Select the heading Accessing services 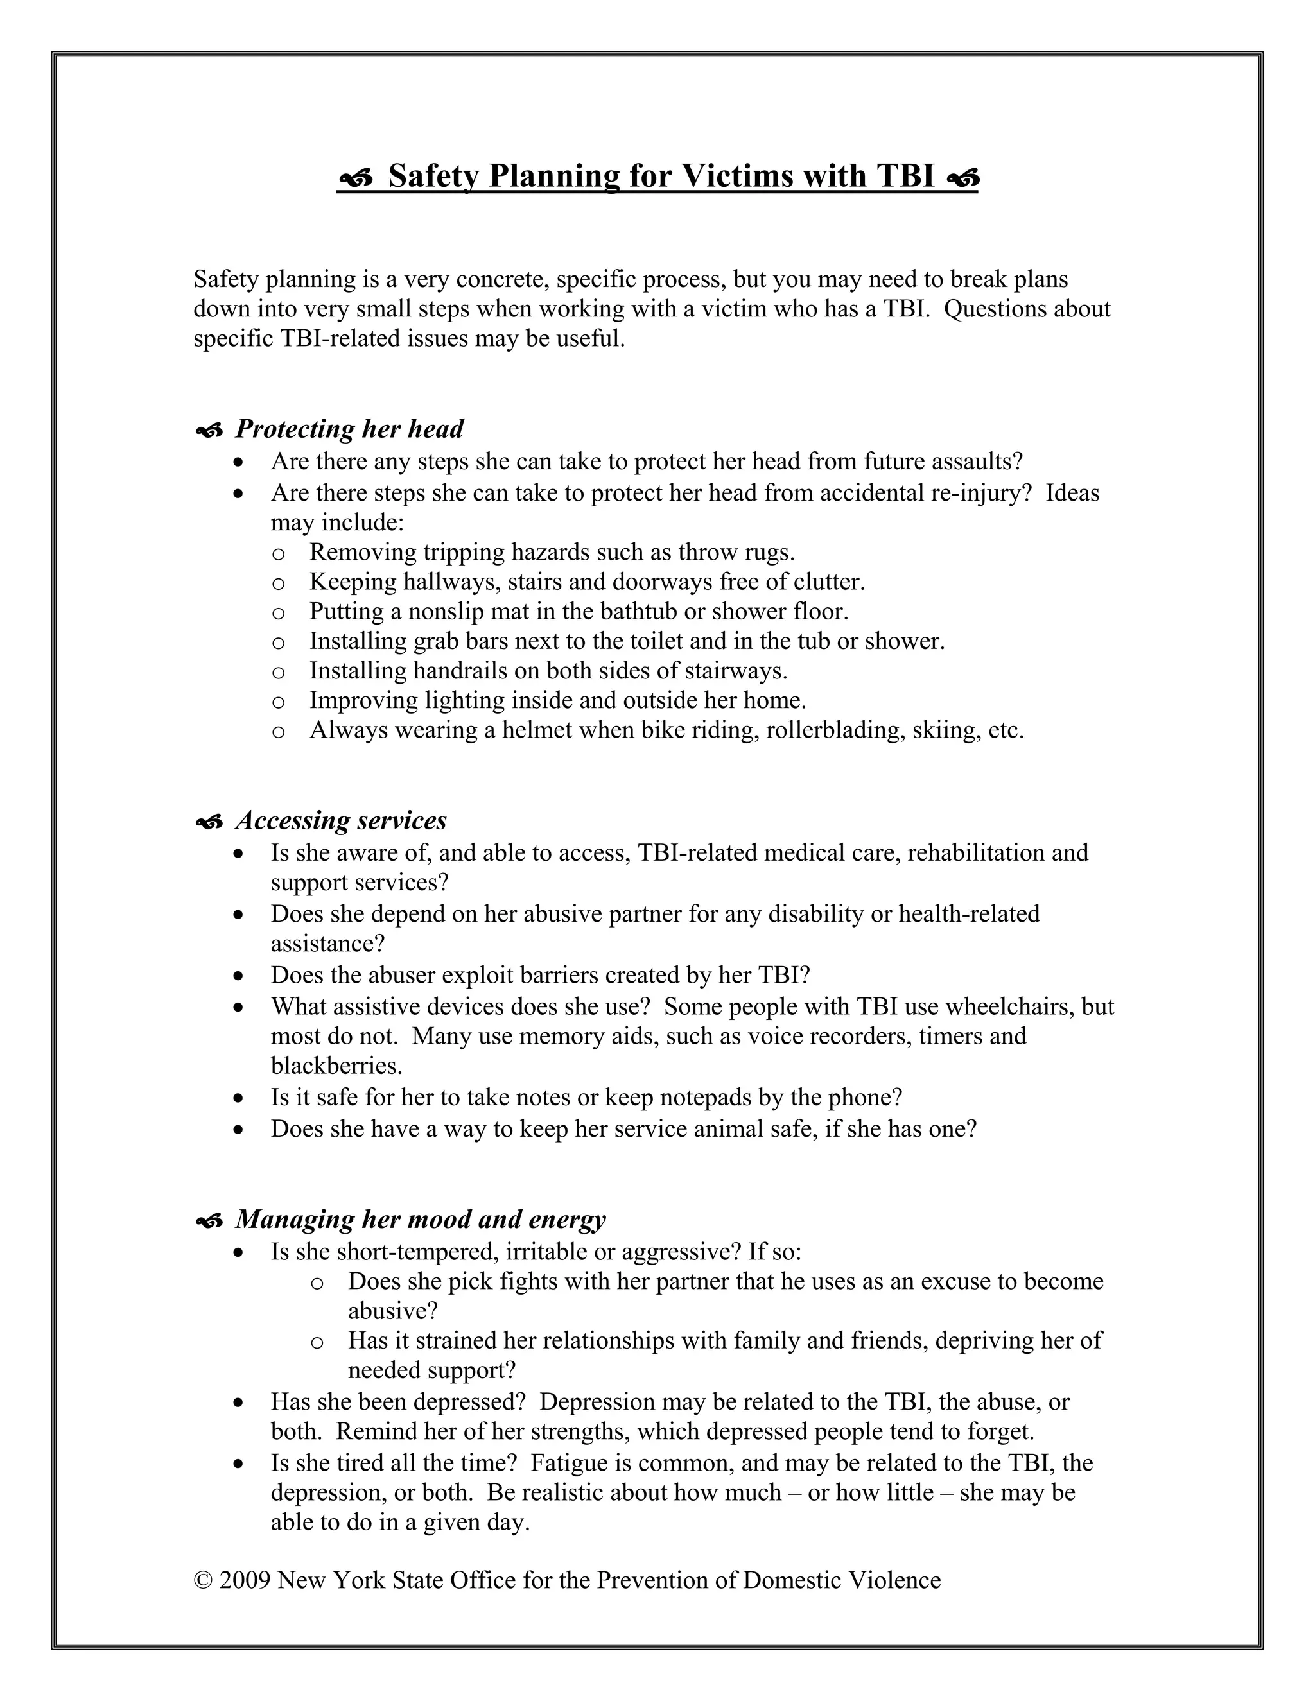[340, 820]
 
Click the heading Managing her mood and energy [420, 1219]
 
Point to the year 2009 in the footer [245, 1580]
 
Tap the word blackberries [336, 1066]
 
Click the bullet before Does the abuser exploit [239, 976]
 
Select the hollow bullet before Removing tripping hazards [278, 554]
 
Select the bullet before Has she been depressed [239, 1403]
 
